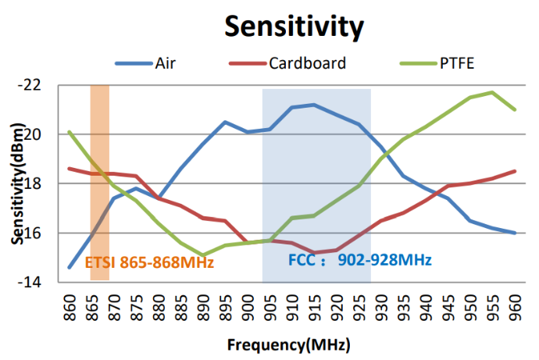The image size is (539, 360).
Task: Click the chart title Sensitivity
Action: point(294,26)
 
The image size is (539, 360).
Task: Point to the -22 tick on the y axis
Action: point(49,85)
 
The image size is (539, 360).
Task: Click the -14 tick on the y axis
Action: point(49,282)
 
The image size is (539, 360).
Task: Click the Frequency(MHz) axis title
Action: point(288,344)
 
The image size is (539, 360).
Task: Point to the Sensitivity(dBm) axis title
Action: point(16,184)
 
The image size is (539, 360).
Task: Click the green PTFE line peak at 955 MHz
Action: point(492,92)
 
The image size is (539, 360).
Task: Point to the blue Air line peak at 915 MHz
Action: point(314,105)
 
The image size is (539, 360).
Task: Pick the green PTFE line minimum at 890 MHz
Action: point(202,255)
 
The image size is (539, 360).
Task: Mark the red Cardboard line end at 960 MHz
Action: point(515,171)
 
